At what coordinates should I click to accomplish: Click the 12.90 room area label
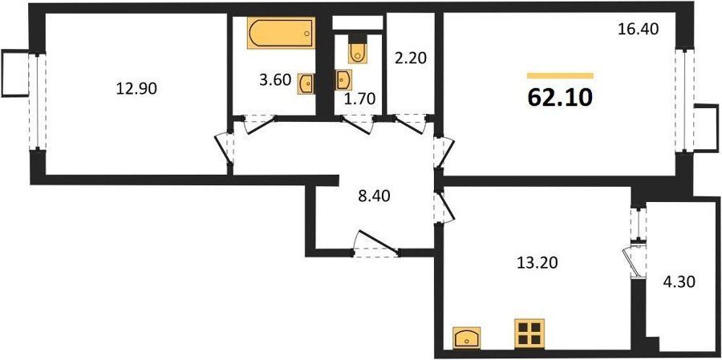click(x=136, y=88)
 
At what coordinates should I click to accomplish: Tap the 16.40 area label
click(x=639, y=30)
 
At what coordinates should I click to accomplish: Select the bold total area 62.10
click(x=560, y=97)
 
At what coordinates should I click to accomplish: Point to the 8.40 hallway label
click(x=374, y=196)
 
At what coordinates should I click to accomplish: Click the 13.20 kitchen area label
click(x=537, y=263)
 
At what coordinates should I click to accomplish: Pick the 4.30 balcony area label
click(x=679, y=281)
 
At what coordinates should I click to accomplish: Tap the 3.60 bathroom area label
click(x=275, y=80)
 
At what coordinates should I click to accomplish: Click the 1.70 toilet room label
click(x=360, y=99)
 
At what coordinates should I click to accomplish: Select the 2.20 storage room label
click(x=411, y=59)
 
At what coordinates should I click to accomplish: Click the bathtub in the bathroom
click(x=281, y=33)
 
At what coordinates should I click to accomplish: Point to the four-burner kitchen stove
click(x=529, y=334)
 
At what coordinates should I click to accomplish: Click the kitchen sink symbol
click(x=467, y=338)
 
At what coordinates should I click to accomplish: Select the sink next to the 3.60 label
click(x=306, y=83)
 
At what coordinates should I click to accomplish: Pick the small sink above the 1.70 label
click(x=343, y=80)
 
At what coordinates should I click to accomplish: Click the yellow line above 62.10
click(x=561, y=76)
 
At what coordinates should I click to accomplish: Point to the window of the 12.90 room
click(x=37, y=102)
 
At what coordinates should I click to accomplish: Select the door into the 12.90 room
click(x=225, y=148)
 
